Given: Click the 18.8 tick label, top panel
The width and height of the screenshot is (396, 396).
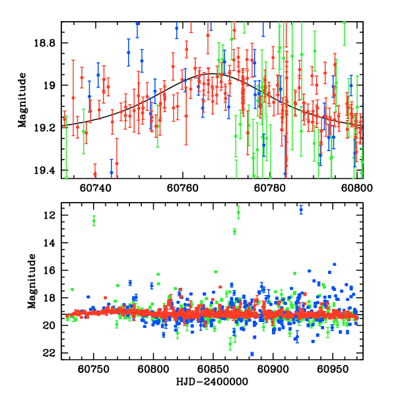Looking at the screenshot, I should (x=47, y=43).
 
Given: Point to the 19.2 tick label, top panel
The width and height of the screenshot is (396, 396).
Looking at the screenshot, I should (x=47, y=127).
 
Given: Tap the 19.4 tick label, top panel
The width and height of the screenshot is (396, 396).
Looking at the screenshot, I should (x=47, y=170).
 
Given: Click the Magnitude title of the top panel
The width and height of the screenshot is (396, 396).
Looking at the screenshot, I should (x=22, y=100).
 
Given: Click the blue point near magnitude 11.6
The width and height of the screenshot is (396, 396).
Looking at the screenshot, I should (x=301, y=210).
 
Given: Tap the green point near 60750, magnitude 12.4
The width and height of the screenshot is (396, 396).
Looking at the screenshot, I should (x=94, y=220).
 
